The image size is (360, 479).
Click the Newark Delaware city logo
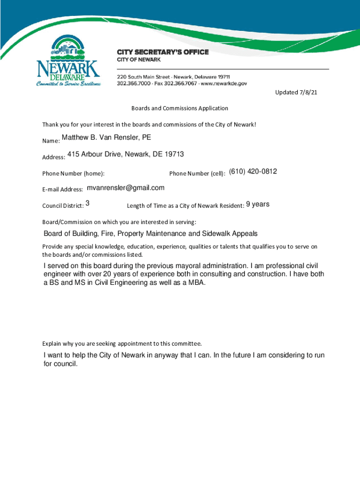(68, 62)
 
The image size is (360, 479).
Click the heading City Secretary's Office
(162, 52)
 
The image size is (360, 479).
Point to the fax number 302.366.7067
(177, 83)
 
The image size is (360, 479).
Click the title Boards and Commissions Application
(180, 108)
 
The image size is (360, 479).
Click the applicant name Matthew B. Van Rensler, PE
(107, 138)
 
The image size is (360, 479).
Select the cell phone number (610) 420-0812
(253, 172)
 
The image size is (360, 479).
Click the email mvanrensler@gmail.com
(126, 188)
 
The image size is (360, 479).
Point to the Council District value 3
(88, 204)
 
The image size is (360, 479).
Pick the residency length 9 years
(258, 204)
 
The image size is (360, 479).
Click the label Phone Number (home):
(73, 174)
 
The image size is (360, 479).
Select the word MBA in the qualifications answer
(196, 283)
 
